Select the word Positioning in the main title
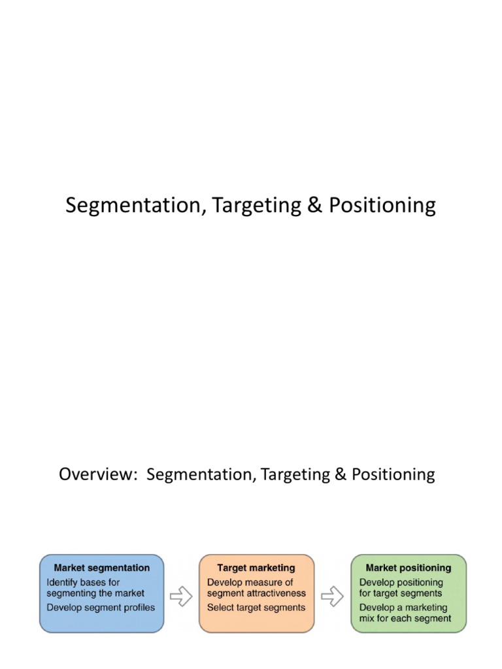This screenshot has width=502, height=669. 382,206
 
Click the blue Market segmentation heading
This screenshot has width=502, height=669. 101,568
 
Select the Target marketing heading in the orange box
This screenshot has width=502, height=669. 256,568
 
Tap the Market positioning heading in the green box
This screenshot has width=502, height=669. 409,568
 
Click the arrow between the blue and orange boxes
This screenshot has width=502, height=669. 181,595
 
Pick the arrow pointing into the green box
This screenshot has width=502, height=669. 333,595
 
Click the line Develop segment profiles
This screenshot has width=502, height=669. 101,608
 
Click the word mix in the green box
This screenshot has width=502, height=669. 367,618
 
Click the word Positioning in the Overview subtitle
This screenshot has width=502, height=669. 393,474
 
